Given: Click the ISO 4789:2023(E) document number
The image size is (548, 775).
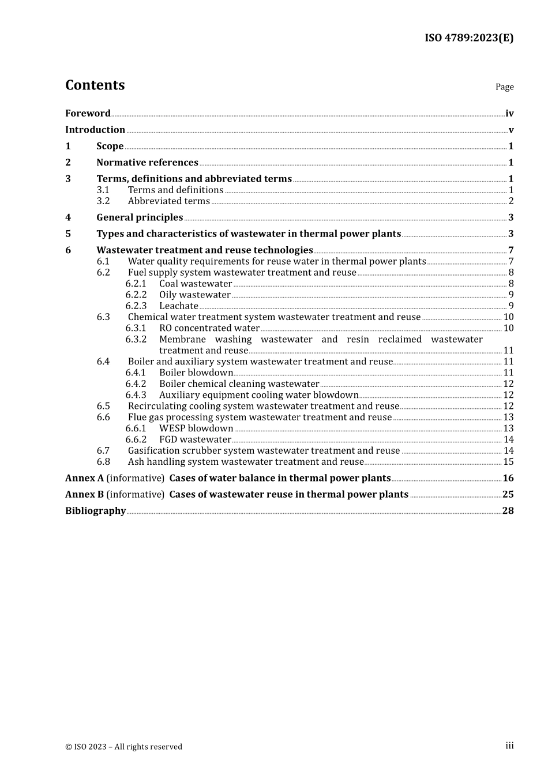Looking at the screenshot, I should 468,38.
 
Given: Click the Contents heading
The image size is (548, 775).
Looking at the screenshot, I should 95,85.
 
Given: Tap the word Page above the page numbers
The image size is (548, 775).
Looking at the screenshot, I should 504,87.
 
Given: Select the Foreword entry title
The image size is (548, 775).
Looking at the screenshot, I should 88,114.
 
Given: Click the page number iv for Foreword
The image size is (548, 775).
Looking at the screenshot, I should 509,114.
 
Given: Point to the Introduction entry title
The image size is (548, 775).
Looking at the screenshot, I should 95,130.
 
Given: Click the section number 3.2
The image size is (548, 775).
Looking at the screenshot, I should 103,201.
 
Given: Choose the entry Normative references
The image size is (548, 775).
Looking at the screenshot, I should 147,163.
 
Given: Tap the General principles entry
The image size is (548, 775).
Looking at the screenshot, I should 140,217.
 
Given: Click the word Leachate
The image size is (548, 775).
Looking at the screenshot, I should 179,306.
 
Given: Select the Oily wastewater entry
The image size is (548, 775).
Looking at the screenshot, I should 195,295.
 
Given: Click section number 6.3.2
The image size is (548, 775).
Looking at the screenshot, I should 136,340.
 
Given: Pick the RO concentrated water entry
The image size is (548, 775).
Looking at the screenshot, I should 209,328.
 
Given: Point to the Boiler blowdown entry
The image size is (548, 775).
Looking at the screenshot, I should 196,373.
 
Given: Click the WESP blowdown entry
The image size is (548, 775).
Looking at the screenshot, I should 196,428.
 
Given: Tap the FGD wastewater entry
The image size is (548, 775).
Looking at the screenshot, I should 195,440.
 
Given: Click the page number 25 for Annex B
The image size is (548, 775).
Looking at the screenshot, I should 508,495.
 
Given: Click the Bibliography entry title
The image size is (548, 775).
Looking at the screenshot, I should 95,511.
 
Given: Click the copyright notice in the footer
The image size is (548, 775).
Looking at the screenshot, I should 123,747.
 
